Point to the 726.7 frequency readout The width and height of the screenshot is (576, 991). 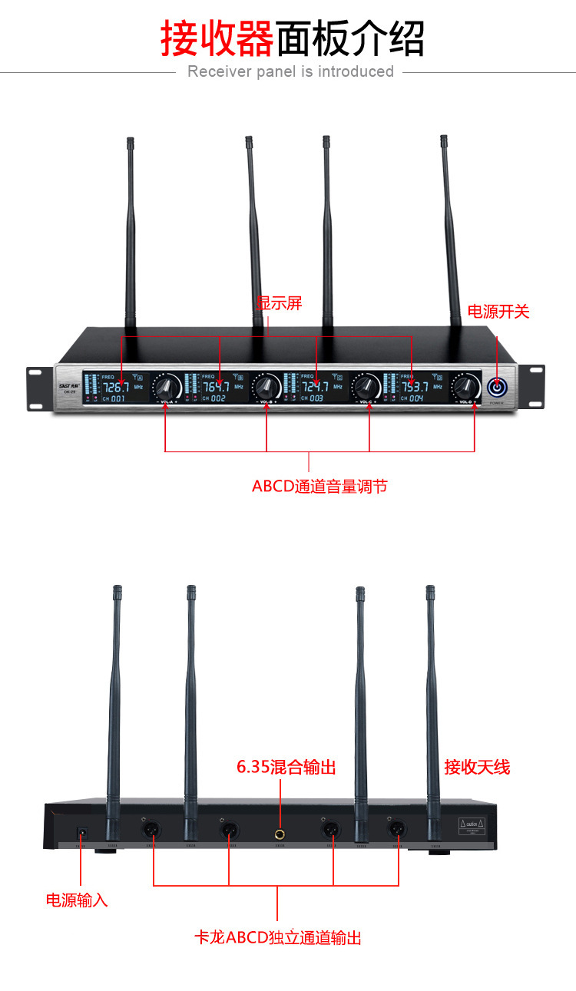pyautogui.click(x=116, y=387)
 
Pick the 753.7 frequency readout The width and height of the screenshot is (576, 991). pyautogui.click(x=415, y=387)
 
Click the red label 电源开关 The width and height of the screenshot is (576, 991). pyautogui.click(x=499, y=312)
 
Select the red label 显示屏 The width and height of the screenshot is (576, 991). pyautogui.click(x=280, y=303)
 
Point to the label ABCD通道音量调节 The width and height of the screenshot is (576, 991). pyautogui.click(x=319, y=487)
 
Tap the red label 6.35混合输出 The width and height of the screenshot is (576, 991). pyautogui.click(x=286, y=767)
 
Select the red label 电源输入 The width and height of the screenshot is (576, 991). pyautogui.click(x=77, y=900)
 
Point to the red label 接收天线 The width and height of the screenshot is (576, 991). pyautogui.click(x=477, y=767)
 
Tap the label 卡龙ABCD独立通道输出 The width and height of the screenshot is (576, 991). pyautogui.click(x=278, y=938)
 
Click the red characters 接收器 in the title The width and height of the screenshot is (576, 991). pyautogui.click(x=217, y=38)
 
